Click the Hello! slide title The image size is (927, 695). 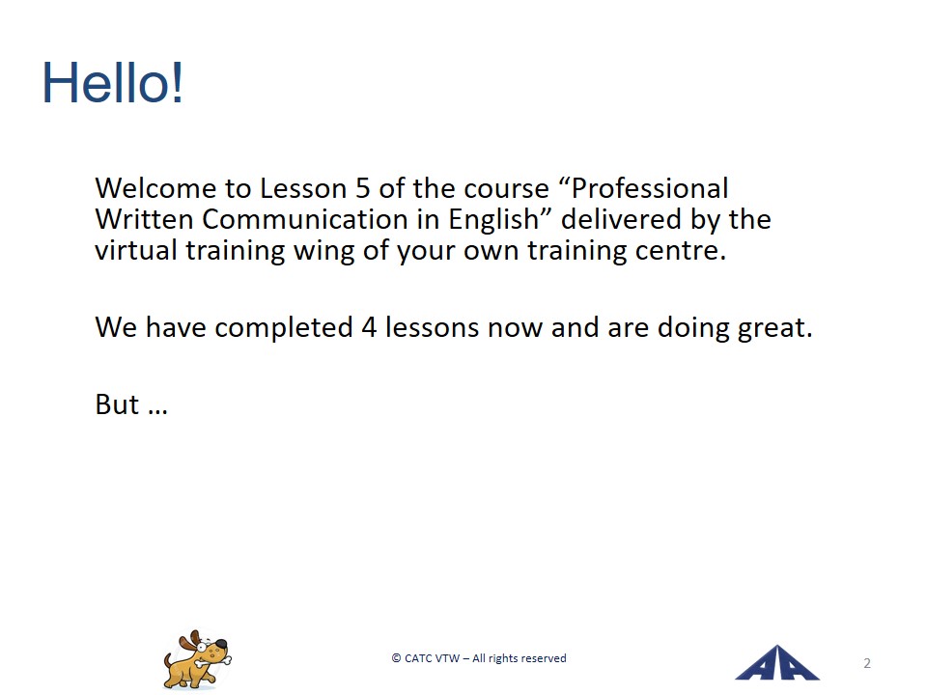pos(112,83)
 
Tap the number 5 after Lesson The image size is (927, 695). pos(362,188)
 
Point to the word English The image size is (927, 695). pos(494,220)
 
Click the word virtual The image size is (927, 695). pos(136,250)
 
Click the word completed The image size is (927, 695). pos(284,328)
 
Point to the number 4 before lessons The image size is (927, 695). pos(369,327)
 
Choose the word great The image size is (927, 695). pos(774,328)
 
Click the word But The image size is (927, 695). pos(117,404)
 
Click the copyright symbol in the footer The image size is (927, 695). pos(396,658)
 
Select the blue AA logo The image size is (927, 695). pos(776,663)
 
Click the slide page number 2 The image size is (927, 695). pos(867,663)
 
